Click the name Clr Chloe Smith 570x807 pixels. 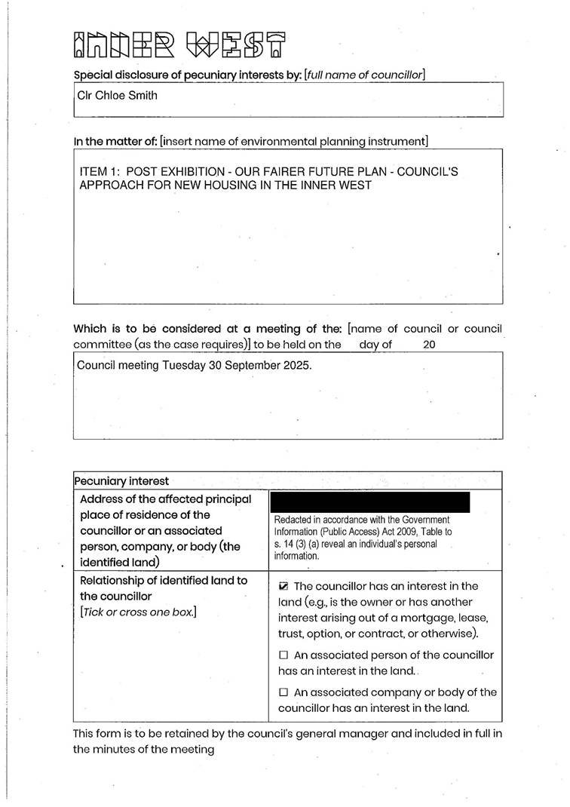point(117,96)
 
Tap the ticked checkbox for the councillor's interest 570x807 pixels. point(283,586)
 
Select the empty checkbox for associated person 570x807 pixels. point(283,655)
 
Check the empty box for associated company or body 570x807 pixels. point(283,692)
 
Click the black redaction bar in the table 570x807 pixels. point(369,502)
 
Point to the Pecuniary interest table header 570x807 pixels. point(121,481)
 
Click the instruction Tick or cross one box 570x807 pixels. point(138,612)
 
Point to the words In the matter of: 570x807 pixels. point(115,141)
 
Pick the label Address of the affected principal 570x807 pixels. point(165,499)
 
